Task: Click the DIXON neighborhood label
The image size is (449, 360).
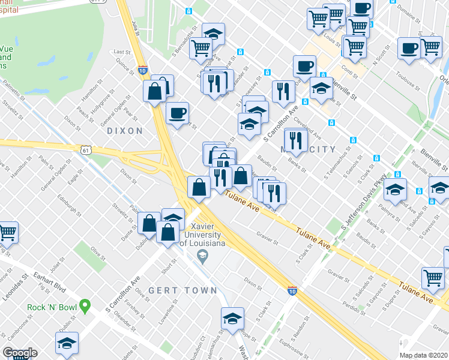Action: [x=125, y=130]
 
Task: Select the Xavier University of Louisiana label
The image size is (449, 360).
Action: [x=202, y=236]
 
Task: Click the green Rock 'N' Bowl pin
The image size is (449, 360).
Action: [x=85, y=307]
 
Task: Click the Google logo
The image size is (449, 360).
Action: [x=20, y=353]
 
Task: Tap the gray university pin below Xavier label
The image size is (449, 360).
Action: [x=202, y=257]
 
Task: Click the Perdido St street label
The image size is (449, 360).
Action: [x=347, y=296]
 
